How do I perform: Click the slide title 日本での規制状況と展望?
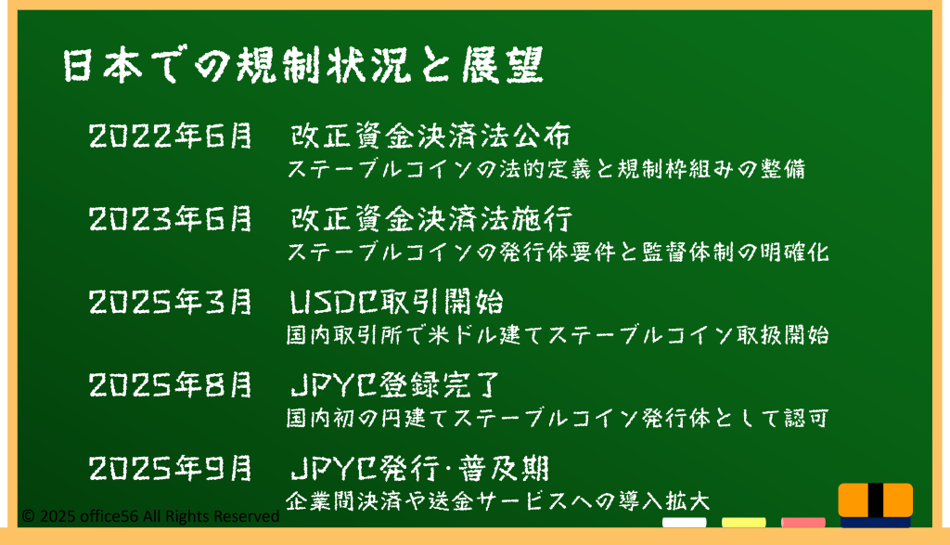point(303,65)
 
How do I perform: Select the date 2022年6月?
point(171,136)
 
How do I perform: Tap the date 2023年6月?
point(171,219)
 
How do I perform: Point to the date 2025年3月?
point(171,302)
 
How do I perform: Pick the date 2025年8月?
point(171,385)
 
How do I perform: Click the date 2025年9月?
point(171,469)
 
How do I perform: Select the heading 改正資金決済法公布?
point(430,136)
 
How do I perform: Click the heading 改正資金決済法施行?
point(430,219)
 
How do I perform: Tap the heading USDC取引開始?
point(396,302)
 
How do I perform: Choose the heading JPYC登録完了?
point(395,385)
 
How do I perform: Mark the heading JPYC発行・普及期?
point(420,469)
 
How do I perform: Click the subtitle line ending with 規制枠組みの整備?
point(546,169)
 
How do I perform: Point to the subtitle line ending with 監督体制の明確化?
point(558,253)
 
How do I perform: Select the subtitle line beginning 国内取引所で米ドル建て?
point(558,335)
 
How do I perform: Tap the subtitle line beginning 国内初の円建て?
point(558,419)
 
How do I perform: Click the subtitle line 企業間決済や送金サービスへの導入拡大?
point(497,501)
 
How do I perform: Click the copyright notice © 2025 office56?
point(150,516)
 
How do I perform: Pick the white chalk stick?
point(684,523)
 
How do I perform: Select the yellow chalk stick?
point(743,523)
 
